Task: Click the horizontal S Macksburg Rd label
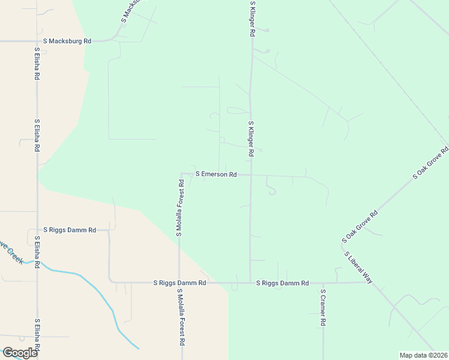[71, 41]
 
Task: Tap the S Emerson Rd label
[216, 175]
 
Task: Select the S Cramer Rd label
[323, 308]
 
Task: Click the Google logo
[20, 353]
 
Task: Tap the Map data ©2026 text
[423, 355]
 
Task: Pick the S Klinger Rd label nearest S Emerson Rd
[251, 139]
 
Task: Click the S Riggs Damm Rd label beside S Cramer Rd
[282, 283]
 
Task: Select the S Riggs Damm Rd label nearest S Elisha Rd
[70, 230]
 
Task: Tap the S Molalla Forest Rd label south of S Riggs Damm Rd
[180, 317]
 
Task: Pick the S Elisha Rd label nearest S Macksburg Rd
[37, 64]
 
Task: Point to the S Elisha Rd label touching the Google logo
[37, 338]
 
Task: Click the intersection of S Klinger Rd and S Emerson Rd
[250, 175]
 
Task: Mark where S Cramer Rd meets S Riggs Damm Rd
[323, 283]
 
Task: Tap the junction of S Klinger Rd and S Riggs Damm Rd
[250, 283]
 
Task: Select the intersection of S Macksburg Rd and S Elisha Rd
[37, 41]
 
